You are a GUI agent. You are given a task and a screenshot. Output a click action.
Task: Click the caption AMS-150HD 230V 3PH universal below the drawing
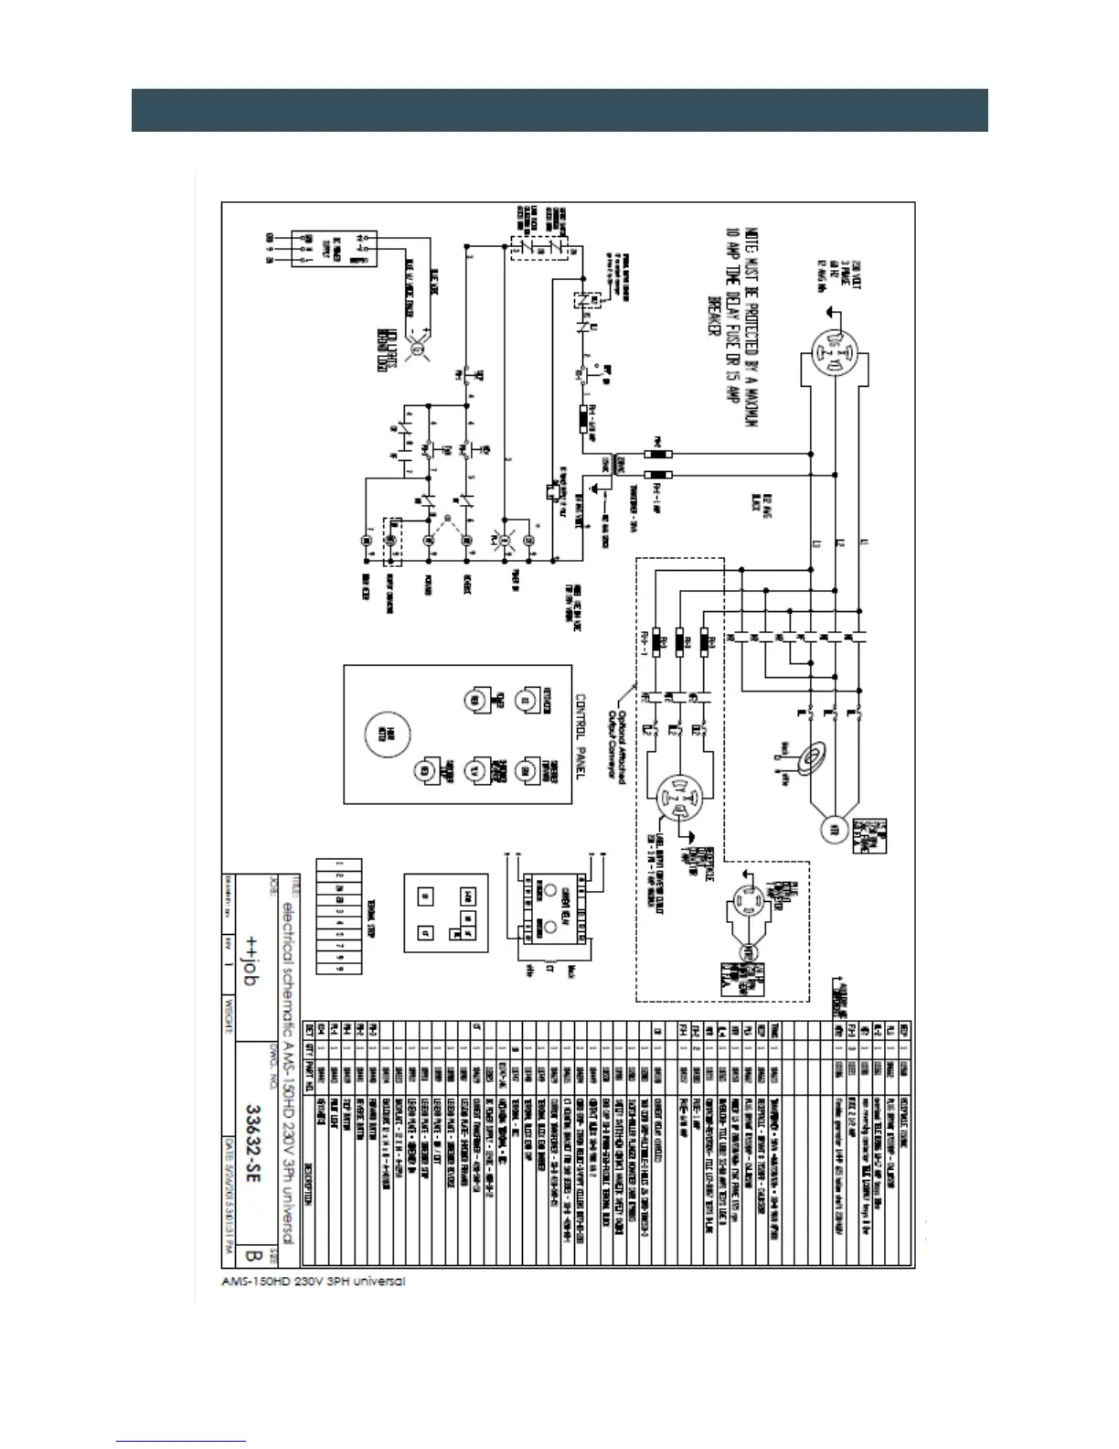click(x=313, y=1281)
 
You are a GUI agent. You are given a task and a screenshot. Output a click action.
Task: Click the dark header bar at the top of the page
click(x=559, y=110)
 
